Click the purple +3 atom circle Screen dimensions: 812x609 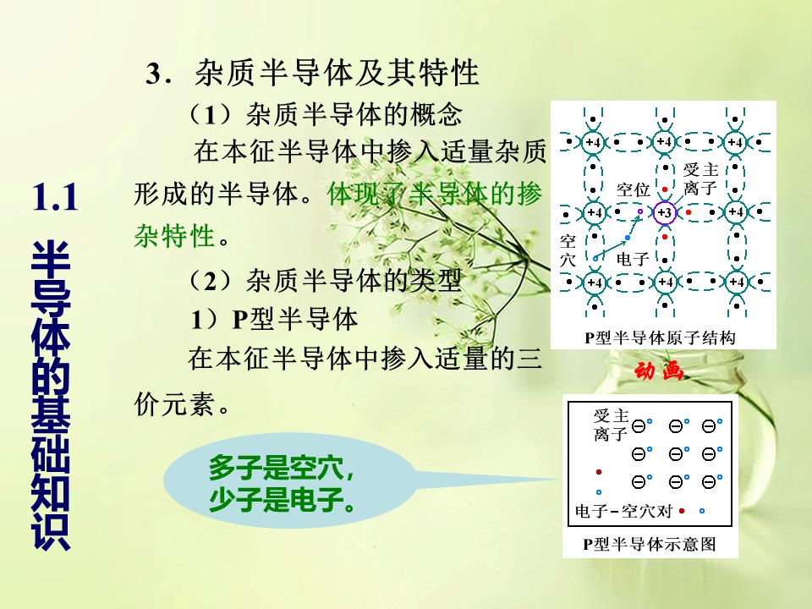point(665,212)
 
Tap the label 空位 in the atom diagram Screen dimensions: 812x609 point(633,190)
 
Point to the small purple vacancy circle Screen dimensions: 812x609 point(640,211)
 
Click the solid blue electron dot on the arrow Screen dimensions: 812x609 point(628,238)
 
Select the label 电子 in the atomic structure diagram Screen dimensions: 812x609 point(633,259)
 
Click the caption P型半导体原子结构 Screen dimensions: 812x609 point(661,337)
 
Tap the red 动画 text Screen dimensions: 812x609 point(658,371)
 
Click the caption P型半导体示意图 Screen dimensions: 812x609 point(650,544)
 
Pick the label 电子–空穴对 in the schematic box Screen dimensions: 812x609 point(623,512)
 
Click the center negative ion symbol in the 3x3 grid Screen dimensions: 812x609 point(676,454)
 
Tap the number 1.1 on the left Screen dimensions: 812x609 point(55,197)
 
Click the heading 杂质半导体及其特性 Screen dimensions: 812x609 point(337,73)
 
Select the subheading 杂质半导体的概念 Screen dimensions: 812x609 point(354,114)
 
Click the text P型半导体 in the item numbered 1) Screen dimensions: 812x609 point(294,319)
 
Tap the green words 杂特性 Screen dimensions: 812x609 point(174,236)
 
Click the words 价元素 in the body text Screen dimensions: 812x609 point(174,403)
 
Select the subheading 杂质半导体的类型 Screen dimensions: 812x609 point(354,281)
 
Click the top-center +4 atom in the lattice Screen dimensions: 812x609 point(665,142)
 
